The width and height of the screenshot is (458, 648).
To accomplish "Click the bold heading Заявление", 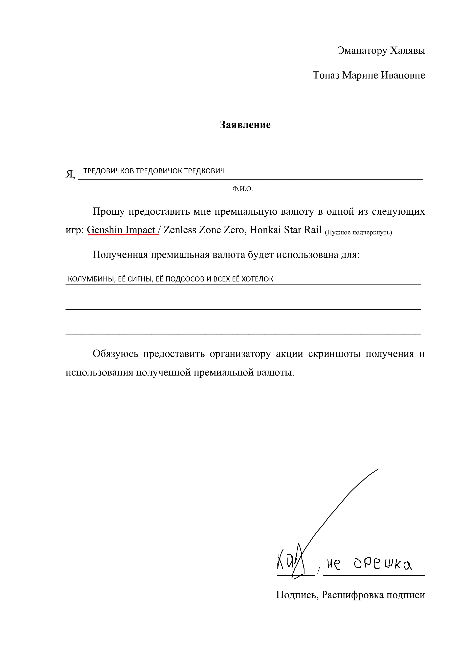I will pos(245,125).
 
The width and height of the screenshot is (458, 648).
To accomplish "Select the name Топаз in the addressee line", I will pos(326,75).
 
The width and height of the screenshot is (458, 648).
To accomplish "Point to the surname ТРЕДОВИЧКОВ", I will pos(109,171).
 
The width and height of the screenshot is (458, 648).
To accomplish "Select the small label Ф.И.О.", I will pos(243,189).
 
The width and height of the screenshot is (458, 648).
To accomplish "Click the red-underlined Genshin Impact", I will pos(121,230).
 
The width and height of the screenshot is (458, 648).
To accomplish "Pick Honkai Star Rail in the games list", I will pos(286,230).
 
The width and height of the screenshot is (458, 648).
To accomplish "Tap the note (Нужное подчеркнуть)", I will pos(358,232).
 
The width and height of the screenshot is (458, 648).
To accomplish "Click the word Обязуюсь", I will pos(115,353).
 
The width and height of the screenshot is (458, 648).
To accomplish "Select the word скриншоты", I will pos(334,353).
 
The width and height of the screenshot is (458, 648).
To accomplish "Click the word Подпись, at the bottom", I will pos(297,595).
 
